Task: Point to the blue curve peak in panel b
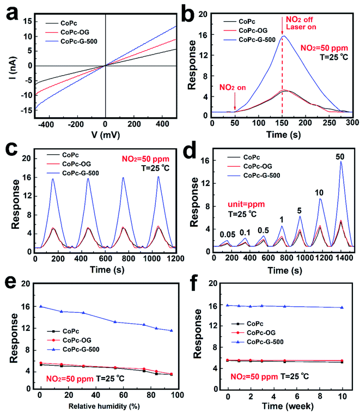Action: [x=283, y=37]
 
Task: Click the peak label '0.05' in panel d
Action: [x=228, y=235]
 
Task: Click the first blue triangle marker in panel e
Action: [x=40, y=306]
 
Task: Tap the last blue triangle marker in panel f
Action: [x=341, y=307]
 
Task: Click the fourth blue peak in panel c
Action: [x=158, y=177]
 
